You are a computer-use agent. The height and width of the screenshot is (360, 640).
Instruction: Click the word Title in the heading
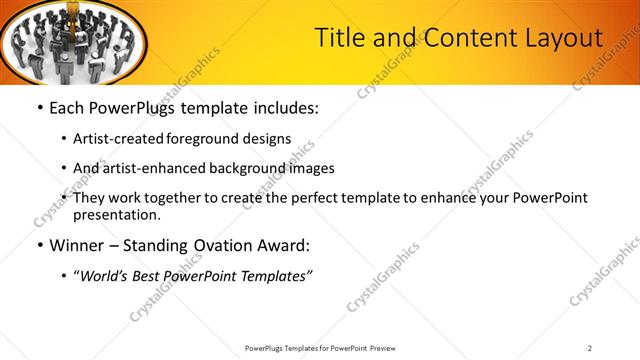[x=338, y=38]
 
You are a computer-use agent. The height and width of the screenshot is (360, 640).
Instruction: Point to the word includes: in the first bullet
[x=280, y=107]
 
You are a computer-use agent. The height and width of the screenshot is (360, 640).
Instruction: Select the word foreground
[x=216, y=139]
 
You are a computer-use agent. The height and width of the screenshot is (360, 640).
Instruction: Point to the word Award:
[x=287, y=246]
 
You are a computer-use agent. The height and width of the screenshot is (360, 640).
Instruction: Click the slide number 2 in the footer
[x=590, y=348]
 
